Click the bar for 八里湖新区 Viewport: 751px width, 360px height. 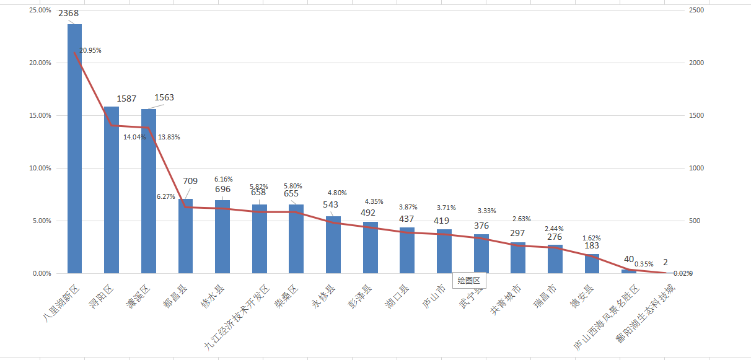74,149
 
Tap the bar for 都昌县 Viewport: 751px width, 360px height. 185,235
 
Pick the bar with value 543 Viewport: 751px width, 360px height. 333,245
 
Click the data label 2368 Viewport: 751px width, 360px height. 68,14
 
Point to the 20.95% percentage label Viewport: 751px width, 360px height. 90,50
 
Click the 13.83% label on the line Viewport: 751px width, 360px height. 169,137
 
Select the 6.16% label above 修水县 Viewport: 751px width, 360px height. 224,179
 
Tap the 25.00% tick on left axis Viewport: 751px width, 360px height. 40,11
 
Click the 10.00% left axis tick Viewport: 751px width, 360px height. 40,168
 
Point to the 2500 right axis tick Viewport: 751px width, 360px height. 696,11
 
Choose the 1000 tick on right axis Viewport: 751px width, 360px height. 696,168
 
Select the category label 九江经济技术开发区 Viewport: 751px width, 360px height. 238,315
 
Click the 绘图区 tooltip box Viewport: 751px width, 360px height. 469,281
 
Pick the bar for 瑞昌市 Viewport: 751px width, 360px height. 555,259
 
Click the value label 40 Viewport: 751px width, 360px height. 629,260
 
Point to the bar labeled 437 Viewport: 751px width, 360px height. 407,250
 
